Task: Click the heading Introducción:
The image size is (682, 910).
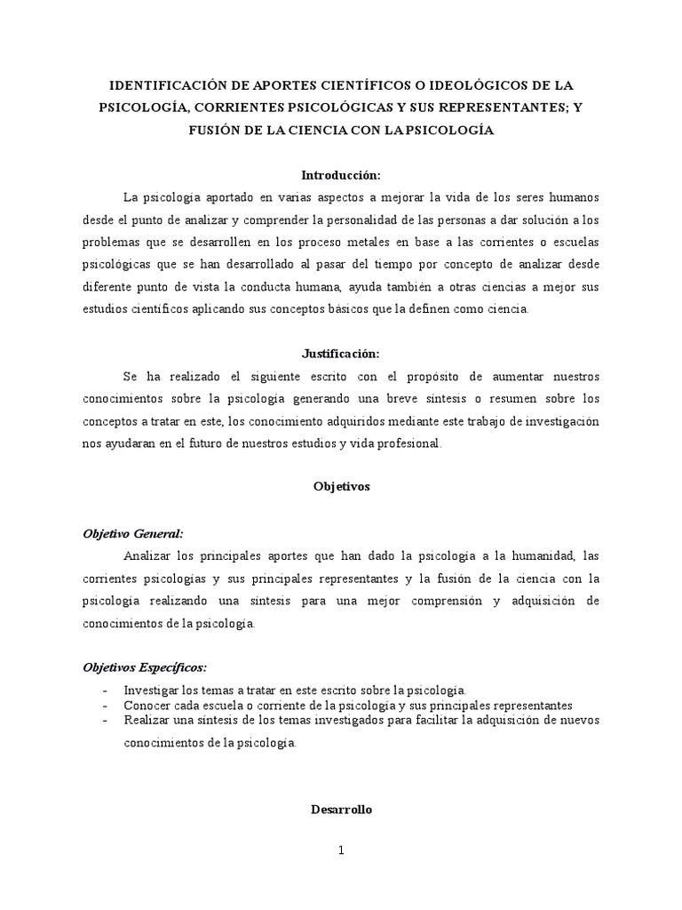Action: pyautogui.click(x=340, y=175)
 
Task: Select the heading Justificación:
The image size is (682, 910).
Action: pyautogui.click(x=340, y=352)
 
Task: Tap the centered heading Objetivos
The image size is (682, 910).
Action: pyautogui.click(x=340, y=487)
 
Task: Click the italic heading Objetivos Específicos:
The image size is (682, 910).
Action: pyautogui.click(x=146, y=667)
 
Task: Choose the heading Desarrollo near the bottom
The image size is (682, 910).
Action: pyautogui.click(x=340, y=810)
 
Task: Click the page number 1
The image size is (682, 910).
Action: pyautogui.click(x=340, y=850)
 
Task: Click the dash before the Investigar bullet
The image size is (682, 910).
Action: pyautogui.click(x=107, y=690)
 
